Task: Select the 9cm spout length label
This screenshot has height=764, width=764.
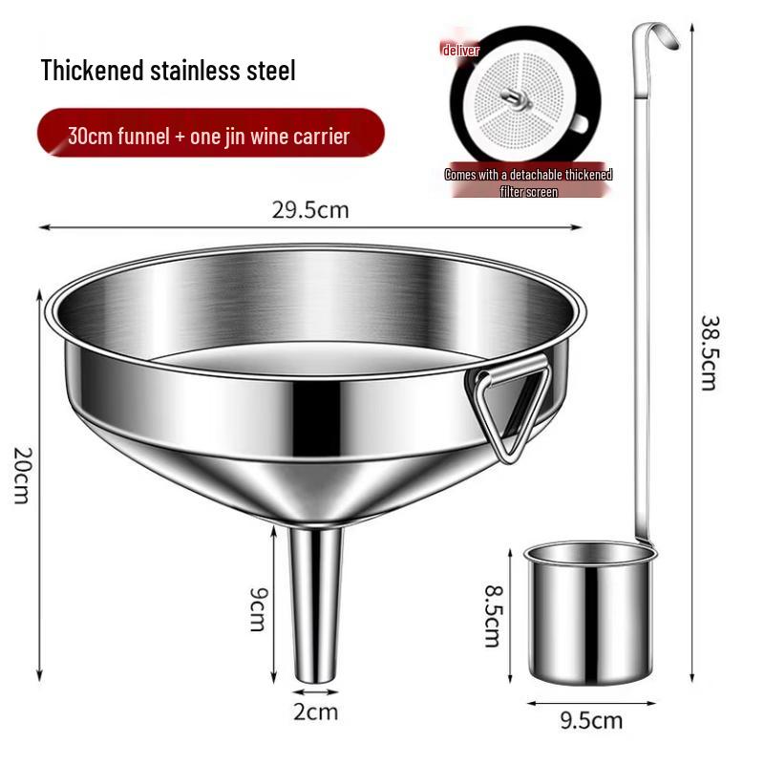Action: [x=257, y=607]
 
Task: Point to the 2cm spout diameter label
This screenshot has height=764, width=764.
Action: [x=315, y=711]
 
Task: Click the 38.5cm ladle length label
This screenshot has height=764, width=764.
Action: [x=709, y=352]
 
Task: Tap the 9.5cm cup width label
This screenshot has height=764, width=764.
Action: [x=590, y=721]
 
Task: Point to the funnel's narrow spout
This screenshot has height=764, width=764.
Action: [x=315, y=602]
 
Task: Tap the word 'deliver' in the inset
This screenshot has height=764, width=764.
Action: [x=460, y=50]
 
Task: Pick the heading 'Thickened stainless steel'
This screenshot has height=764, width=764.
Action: [x=168, y=70]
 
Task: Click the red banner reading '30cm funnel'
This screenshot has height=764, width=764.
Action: [x=208, y=136]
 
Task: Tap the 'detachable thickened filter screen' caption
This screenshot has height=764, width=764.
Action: [x=528, y=182]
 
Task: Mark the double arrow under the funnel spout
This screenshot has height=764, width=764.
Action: [x=315, y=690]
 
